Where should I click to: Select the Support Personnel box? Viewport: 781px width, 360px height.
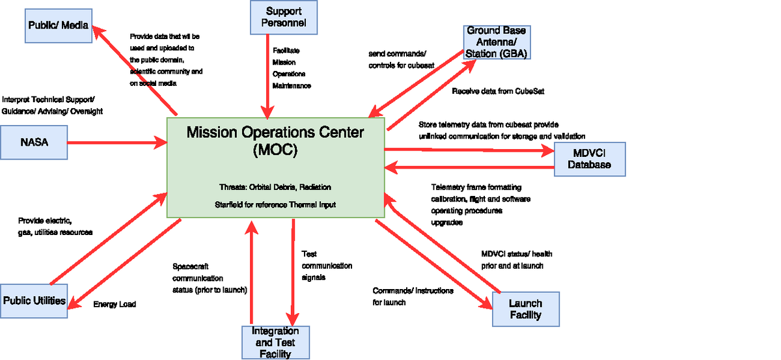pyautogui.click(x=284, y=18)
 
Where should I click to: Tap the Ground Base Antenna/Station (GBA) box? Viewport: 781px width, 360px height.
pyautogui.click(x=497, y=42)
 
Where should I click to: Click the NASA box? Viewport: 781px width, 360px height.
pyautogui.click(x=34, y=143)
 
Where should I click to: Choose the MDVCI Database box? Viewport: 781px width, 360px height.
pyautogui.click(x=589, y=159)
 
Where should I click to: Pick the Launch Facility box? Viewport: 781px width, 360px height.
pyautogui.click(x=525, y=309)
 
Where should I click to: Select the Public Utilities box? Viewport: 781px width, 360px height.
pyautogui.click(x=34, y=301)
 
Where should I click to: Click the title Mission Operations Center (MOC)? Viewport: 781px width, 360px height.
pyautogui.click(x=275, y=141)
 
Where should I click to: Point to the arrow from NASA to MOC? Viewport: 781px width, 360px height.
pyautogui.click(x=117, y=142)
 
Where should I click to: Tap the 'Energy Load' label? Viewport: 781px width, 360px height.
pyautogui.click(x=115, y=304)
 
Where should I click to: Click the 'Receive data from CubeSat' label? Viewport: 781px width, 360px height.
pyautogui.click(x=497, y=92)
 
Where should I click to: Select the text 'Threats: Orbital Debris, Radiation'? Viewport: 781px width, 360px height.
pyautogui.click(x=275, y=187)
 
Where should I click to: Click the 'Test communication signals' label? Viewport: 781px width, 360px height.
pyautogui.click(x=326, y=266)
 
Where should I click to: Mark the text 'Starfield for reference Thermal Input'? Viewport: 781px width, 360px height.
pyautogui.click(x=275, y=204)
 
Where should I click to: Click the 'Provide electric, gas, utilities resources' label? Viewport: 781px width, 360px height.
pyautogui.click(x=55, y=227)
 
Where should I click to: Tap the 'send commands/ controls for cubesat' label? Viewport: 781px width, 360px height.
pyautogui.click(x=402, y=59)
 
